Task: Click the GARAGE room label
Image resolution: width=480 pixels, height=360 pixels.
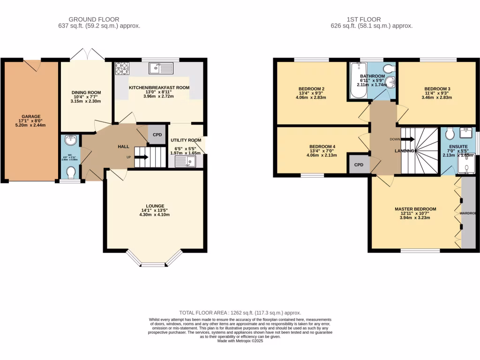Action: pyautogui.click(x=31, y=117)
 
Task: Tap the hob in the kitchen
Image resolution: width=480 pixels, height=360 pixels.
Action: pyautogui.click(x=121, y=68)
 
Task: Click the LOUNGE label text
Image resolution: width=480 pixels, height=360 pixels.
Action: pyautogui.click(x=155, y=206)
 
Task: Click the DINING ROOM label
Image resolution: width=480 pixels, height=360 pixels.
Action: pyautogui.click(x=86, y=93)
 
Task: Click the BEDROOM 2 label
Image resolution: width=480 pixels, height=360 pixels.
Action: pyautogui.click(x=312, y=89)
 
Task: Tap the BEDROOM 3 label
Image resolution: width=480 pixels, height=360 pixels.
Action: pyautogui.click(x=437, y=89)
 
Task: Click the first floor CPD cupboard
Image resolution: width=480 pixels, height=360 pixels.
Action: pyautogui.click(x=359, y=165)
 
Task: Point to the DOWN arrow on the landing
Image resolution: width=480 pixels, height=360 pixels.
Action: pyautogui.click(x=407, y=139)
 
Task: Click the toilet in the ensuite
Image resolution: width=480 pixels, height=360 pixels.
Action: pyautogui.click(x=449, y=135)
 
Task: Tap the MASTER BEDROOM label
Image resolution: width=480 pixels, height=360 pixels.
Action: pyautogui.click(x=415, y=209)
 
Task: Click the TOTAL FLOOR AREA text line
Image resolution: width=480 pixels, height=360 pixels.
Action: pyautogui.click(x=240, y=313)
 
